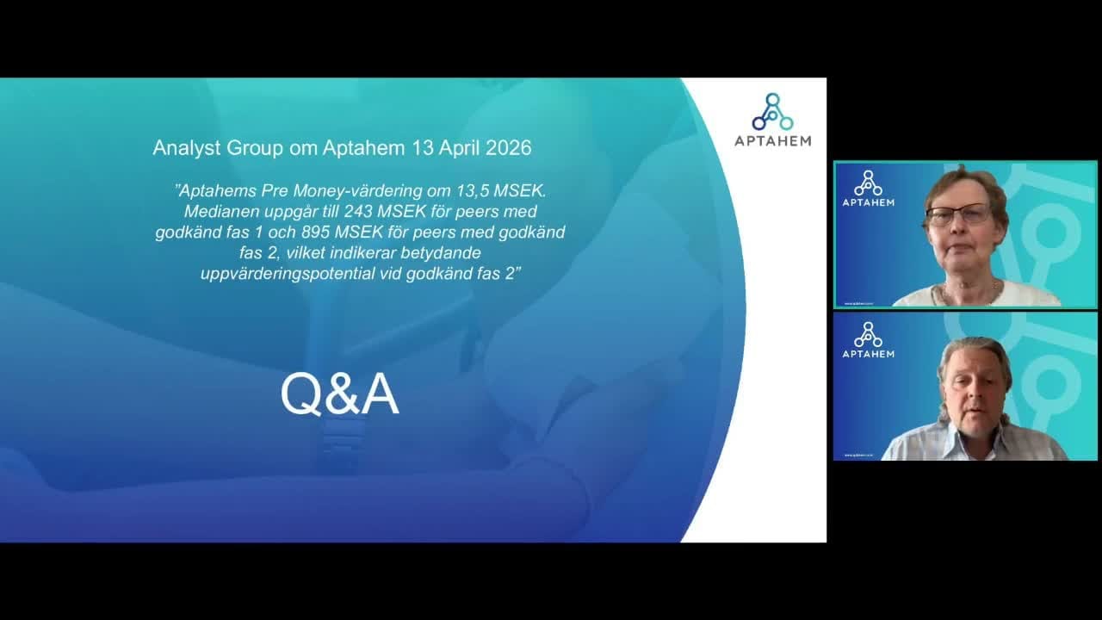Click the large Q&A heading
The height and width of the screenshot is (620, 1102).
pos(339,394)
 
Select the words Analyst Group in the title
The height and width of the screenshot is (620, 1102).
pos(218,148)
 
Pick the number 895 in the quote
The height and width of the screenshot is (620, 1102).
pos(315,232)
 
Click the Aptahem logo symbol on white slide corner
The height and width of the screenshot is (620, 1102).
pos(773,112)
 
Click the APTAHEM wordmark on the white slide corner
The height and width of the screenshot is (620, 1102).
pos(773,141)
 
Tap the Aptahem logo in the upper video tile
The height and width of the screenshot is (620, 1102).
pos(869,189)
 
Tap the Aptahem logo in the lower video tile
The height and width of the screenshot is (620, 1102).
pos(869,340)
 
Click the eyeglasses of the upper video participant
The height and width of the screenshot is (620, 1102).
pos(958,214)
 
